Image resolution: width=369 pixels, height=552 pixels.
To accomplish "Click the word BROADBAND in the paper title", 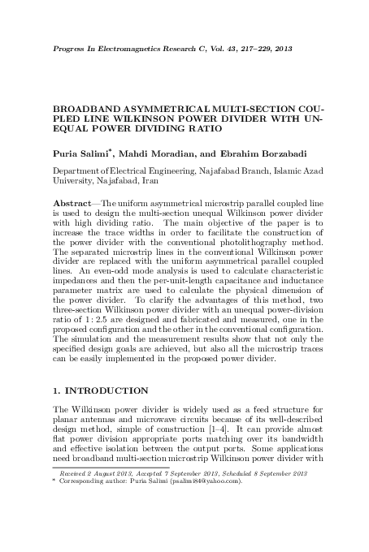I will (85, 107).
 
